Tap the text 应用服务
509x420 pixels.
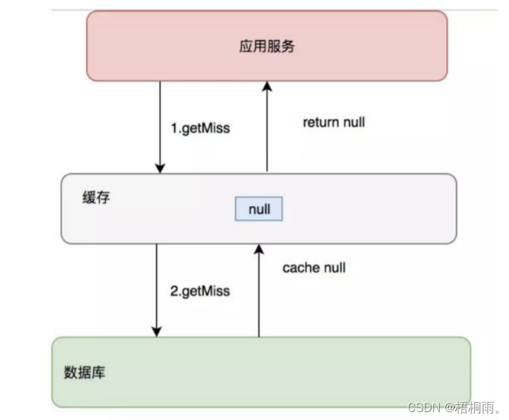coord(266,47)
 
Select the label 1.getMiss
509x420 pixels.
coord(200,128)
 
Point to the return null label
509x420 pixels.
coord(333,122)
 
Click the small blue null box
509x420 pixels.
coord(259,209)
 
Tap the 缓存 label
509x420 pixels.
coord(96,197)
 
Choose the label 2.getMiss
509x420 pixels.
coord(200,290)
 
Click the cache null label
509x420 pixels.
coord(314,268)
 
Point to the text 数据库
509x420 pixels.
coord(85,373)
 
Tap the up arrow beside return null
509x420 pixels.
coord(266,125)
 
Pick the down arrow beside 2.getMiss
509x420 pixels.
coord(157,290)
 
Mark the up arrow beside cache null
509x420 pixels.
coord(259,290)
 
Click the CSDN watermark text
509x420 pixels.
coord(453,407)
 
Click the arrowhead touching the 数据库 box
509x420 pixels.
coord(157,331)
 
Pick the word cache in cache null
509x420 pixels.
coord(300,268)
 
